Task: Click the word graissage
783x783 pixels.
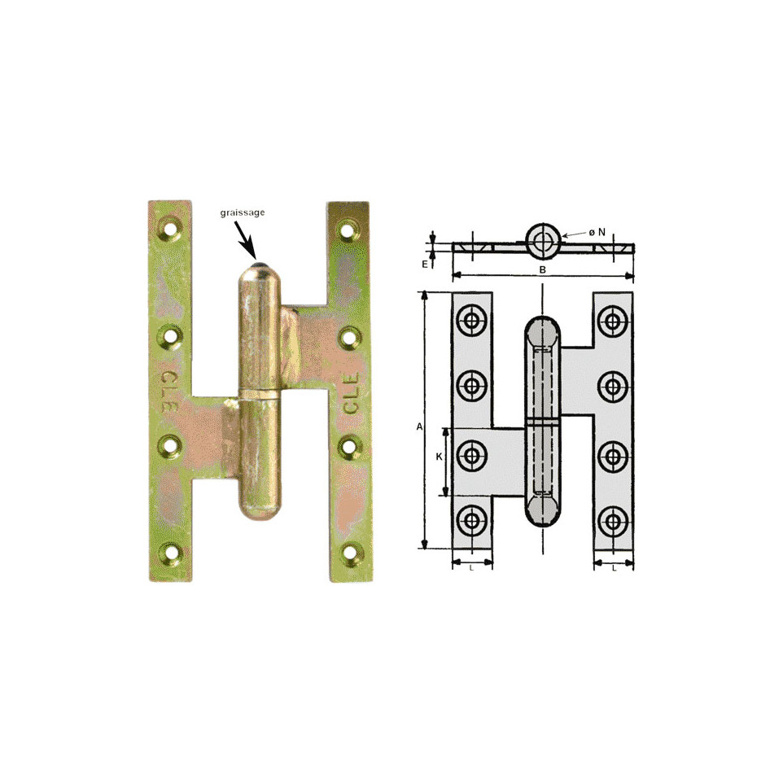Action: (243, 212)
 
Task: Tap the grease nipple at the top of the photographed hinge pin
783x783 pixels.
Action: (259, 265)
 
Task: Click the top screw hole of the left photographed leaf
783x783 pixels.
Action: (171, 227)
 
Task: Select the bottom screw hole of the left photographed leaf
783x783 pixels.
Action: (170, 553)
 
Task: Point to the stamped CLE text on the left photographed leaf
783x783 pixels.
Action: (168, 390)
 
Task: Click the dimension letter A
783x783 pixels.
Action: (419, 427)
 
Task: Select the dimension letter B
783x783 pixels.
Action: (543, 269)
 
